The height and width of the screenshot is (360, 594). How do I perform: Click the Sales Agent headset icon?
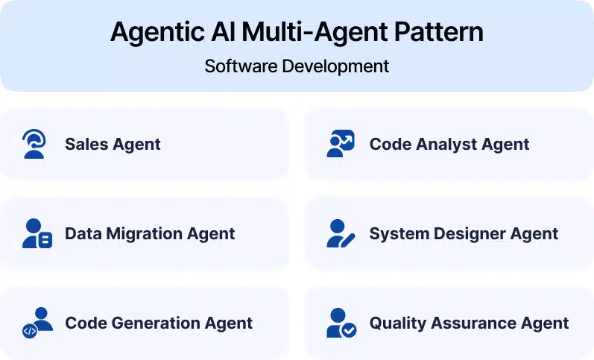(x=34, y=144)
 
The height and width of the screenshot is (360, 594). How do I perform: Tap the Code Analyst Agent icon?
(x=341, y=144)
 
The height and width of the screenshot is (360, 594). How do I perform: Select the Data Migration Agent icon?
(x=37, y=233)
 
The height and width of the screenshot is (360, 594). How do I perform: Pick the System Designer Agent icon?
(x=341, y=233)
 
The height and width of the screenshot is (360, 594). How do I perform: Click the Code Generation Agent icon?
(x=37, y=323)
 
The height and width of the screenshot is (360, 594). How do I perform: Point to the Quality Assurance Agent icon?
(x=341, y=323)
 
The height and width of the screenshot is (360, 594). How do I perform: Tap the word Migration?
(x=144, y=234)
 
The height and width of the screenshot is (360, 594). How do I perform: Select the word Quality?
(x=397, y=323)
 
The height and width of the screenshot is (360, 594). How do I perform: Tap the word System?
(x=395, y=234)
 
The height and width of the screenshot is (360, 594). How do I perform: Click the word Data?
(x=83, y=234)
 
